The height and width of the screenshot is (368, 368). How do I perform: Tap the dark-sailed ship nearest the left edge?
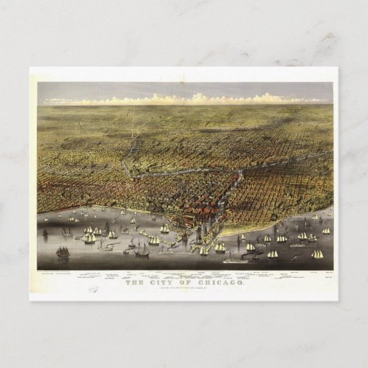[x=62, y=252]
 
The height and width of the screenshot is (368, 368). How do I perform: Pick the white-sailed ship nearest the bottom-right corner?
[x=317, y=255]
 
